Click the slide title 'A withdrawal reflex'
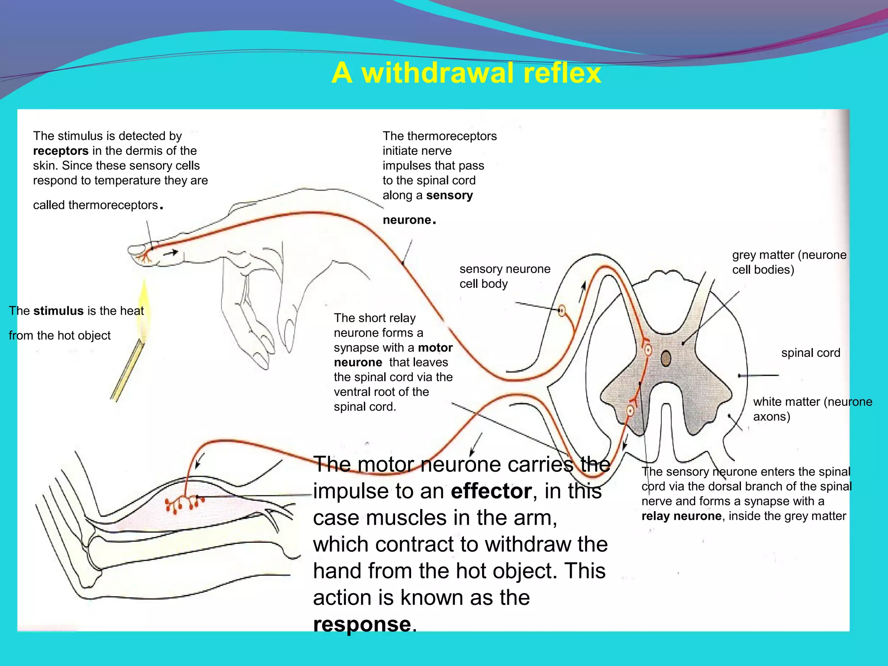(x=466, y=73)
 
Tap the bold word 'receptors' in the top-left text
(x=61, y=151)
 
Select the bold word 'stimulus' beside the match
(x=59, y=311)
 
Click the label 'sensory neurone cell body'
(x=505, y=276)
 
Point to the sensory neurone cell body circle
(x=562, y=310)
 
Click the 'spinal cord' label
(x=810, y=353)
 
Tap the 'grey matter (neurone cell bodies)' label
(x=789, y=262)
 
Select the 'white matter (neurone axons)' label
(x=812, y=409)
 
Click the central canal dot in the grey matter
(x=666, y=359)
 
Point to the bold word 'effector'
(x=491, y=491)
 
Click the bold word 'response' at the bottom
(x=362, y=624)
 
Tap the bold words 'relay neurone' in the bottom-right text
(x=681, y=516)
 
